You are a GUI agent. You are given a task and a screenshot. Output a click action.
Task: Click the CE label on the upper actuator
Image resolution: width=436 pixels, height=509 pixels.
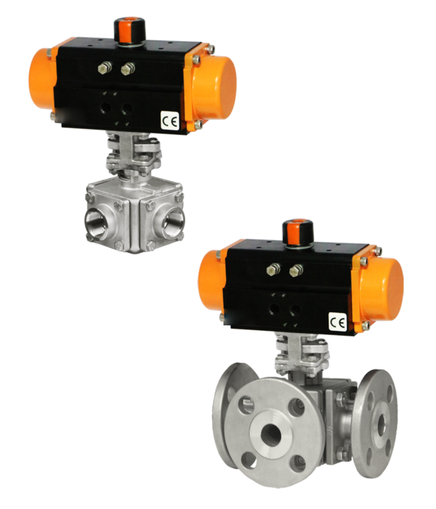tap(170, 121)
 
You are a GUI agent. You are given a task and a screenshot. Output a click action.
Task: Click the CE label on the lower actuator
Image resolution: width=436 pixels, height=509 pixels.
tap(338, 322)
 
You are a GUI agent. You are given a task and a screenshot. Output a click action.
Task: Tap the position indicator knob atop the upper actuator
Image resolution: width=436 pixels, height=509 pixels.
tap(130, 30)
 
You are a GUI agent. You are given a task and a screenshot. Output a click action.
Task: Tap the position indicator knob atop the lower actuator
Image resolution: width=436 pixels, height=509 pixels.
tap(298, 231)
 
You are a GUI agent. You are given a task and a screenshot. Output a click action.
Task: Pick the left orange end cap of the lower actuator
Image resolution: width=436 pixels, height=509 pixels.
tap(212, 279)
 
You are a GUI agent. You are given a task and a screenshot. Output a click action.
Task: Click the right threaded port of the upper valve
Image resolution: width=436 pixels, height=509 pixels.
tap(174, 222)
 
